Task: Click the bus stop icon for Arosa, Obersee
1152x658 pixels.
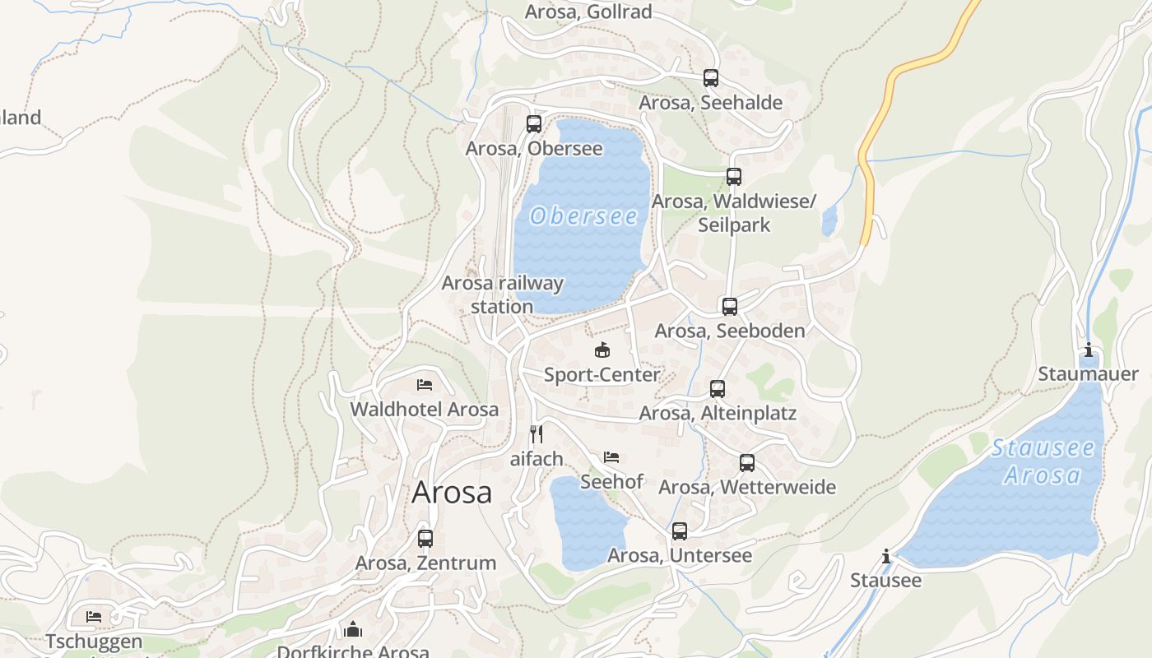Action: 534,124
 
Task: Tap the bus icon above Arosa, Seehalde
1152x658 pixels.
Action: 711,78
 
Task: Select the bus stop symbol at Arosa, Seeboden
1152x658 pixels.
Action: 730,307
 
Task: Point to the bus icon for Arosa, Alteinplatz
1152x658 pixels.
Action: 718,389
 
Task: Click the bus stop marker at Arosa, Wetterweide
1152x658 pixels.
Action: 747,463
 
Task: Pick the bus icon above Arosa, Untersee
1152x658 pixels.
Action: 680,531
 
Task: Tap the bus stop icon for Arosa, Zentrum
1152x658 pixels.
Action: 425,539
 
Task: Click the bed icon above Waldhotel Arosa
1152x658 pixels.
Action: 425,384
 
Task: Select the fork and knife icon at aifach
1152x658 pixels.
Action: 537,433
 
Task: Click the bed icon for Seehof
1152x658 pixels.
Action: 611,456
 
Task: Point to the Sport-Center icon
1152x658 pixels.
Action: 602,350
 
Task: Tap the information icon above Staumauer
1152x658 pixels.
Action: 1089,350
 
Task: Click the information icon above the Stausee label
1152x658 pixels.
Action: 886,557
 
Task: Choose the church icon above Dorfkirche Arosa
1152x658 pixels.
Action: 354,629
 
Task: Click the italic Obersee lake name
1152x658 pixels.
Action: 584,216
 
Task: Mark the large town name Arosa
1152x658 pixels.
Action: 452,492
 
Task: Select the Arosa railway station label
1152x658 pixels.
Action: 503,294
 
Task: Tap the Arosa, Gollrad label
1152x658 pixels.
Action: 588,12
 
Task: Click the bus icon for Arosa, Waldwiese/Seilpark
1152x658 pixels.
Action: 734,177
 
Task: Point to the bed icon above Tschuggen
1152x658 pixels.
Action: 94,617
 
